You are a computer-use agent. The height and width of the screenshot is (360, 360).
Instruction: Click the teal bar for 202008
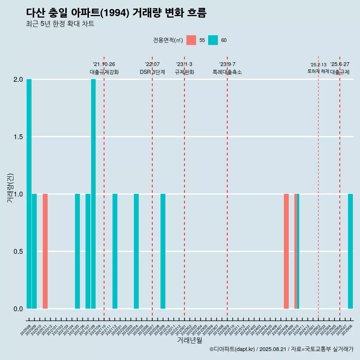click(x=29, y=194)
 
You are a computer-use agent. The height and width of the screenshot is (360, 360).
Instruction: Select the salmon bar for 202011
click(x=45, y=251)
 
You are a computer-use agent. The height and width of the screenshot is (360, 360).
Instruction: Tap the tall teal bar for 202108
click(x=93, y=194)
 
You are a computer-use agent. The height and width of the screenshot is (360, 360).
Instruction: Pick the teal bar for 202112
click(x=115, y=251)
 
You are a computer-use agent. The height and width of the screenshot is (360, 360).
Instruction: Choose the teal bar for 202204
click(x=136, y=251)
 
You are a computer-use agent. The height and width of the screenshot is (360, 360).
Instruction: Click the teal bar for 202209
click(x=163, y=251)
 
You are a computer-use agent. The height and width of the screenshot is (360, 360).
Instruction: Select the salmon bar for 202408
click(x=286, y=251)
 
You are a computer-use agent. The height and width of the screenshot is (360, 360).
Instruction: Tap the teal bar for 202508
click(x=350, y=251)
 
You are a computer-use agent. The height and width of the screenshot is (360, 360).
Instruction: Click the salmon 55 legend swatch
click(x=191, y=40)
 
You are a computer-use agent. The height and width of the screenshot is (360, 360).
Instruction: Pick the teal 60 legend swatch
click(x=213, y=40)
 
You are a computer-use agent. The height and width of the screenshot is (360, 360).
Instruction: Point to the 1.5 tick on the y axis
click(x=17, y=137)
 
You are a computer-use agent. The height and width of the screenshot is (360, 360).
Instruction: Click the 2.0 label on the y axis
click(x=17, y=79)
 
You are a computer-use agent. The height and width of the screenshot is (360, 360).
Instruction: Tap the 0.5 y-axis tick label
click(x=17, y=252)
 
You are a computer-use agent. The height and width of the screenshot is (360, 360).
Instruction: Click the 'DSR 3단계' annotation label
click(x=152, y=72)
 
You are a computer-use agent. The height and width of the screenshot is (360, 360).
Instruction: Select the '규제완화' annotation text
click(x=184, y=72)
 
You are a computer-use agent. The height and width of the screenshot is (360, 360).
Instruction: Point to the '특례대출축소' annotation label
click(x=227, y=72)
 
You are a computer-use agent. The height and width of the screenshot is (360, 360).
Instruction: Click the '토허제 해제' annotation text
click(x=318, y=71)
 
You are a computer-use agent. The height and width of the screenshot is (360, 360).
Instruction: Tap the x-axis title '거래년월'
click(x=189, y=340)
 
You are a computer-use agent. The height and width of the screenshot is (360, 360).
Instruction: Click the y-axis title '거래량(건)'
click(x=10, y=188)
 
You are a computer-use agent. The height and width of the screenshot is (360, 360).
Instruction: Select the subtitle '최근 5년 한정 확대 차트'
click(x=60, y=24)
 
